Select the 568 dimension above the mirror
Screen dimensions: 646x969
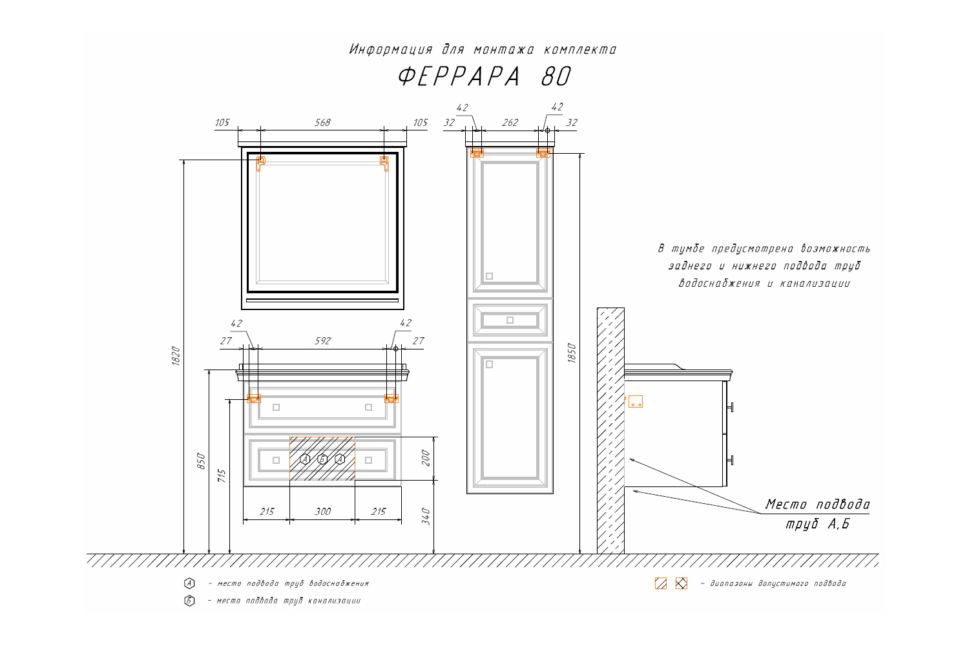click(322, 122)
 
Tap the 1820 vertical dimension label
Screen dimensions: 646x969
click(176, 356)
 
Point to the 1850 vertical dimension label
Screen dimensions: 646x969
click(571, 353)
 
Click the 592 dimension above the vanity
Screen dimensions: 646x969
click(322, 340)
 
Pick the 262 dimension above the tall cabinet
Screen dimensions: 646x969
click(510, 122)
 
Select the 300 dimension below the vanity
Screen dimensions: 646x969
click(322, 512)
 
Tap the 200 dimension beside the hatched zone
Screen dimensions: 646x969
click(425, 458)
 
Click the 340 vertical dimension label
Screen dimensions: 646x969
click(425, 517)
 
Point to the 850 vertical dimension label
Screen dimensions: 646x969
click(201, 461)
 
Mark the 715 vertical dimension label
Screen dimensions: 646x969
click(222, 477)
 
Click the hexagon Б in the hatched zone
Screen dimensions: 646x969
click(322, 459)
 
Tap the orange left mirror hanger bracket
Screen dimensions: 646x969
click(260, 163)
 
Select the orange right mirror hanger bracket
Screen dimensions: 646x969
click(384, 163)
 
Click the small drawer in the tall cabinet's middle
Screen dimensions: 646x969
click(510, 320)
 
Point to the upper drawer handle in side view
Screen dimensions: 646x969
click(730, 407)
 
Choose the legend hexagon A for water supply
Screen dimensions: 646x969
click(189, 583)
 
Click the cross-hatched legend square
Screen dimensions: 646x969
click(681, 583)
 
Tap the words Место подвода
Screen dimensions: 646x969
click(817, 505)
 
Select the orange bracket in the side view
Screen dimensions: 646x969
click(636, 402)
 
